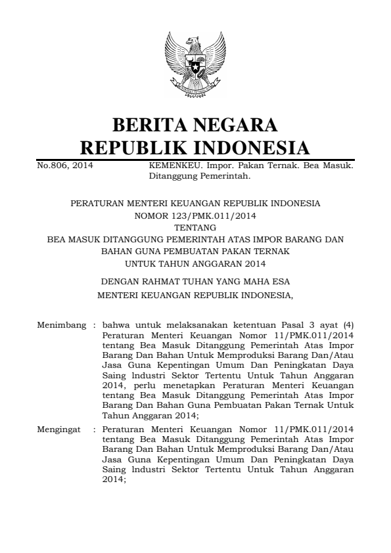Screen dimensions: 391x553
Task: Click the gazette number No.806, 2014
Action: coord(64,166)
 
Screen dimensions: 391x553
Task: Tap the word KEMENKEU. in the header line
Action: coord(168,166)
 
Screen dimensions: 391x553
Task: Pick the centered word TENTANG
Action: coord(195,228)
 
